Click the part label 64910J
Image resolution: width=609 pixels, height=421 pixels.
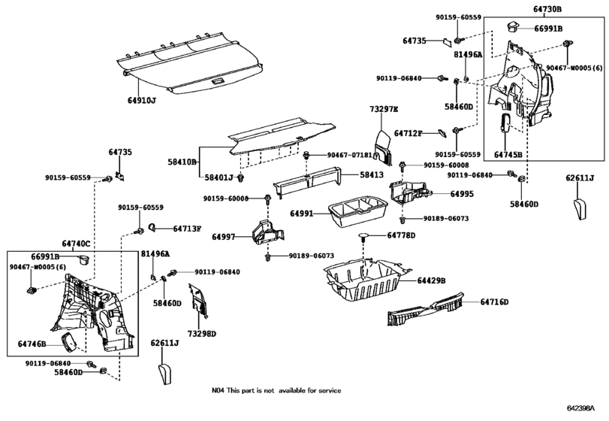pos(142,100)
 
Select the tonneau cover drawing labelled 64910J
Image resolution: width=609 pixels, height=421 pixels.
pos(189,62)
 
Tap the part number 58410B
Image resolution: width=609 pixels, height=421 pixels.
pos(182,162)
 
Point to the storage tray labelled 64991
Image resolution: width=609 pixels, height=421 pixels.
pos(357,212)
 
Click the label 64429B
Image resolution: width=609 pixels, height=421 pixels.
pos(432,280)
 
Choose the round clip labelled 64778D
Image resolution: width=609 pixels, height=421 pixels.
pos(363,237)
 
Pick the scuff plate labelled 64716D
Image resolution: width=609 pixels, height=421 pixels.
pos(425,309)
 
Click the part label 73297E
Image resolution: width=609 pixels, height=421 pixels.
pos(384,109)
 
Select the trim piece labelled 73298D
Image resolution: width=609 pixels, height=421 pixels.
pos(198,301)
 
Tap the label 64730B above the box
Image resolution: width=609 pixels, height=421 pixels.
pos(547,9)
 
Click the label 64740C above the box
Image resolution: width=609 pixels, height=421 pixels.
pos(76,244)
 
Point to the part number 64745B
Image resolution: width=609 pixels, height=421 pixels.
pos(508,154)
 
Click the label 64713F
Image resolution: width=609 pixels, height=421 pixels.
pos(187,229)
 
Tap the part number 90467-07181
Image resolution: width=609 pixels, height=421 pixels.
pos(349,155)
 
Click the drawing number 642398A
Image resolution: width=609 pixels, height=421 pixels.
pos(580,408)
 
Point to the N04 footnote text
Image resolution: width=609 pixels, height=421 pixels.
pos(276,390)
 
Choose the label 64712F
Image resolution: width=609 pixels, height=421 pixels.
pos(409,133)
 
